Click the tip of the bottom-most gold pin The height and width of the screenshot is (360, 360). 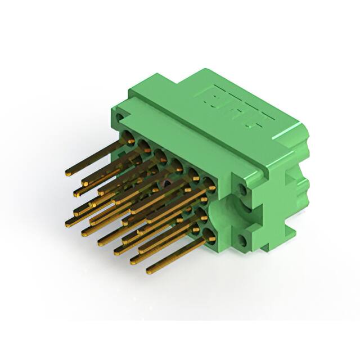tap(149, 272)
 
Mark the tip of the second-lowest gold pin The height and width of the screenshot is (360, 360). tap(133, 260)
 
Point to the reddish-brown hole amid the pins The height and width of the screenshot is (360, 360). tap(166, 184)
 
